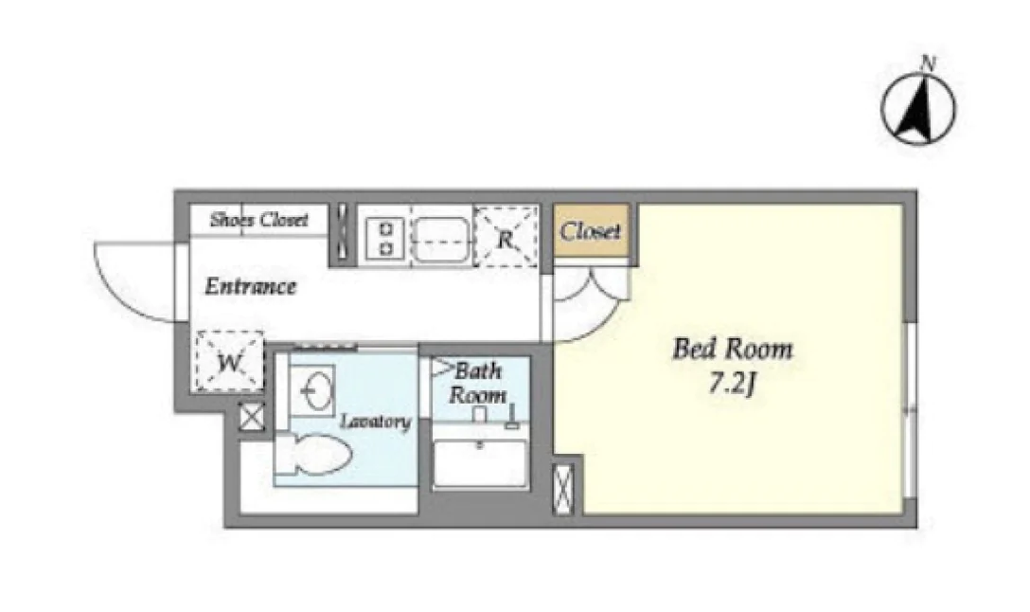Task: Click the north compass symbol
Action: [x=917, y=108]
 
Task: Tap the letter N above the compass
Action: [x=928, y=63]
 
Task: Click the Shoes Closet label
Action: [x=258, y=220]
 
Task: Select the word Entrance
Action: [x=250, y=287]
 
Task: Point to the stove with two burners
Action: [x=385, y=238]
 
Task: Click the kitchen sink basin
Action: [x=441, y=238]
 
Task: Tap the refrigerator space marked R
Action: [x=506, y=237]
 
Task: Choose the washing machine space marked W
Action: [x=230, y=362]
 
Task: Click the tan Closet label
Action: [x=590, y=231]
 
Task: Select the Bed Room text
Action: [x=733, y=349]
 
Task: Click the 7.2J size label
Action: [x=732, y=384]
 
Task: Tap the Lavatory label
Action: [x=376, y=422]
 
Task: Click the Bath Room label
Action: [x=477, y=383]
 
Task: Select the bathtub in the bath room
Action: [x=480, y=462]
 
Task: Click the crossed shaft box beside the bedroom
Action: [x=563, y=489]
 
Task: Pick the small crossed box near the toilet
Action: [x=252, y=418]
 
